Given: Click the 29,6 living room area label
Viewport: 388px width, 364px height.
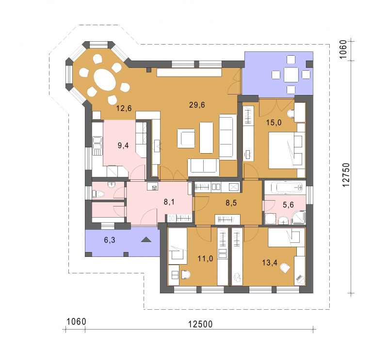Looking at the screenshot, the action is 197,105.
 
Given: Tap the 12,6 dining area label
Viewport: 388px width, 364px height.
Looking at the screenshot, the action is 124,108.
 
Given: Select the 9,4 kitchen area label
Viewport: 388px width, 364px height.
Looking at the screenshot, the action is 123,145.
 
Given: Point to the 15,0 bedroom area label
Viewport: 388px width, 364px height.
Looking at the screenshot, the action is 274,123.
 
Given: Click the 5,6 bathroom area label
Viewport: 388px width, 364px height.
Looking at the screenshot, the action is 288,205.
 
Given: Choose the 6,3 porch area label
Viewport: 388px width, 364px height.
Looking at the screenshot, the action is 110,240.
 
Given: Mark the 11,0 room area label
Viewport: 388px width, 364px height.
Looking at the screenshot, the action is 205,259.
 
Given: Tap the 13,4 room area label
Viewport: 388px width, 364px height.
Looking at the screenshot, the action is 270,263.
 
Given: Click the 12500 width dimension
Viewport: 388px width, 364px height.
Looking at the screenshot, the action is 200,324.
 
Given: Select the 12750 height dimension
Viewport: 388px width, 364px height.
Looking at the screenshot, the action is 346,174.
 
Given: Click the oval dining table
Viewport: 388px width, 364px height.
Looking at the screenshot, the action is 105,79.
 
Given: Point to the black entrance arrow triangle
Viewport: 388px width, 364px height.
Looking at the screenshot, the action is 146,239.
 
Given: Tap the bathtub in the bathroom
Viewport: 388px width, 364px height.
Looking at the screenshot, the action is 287,188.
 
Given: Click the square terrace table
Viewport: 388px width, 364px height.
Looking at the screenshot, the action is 291,75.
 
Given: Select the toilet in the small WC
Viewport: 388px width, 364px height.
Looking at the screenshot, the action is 98,193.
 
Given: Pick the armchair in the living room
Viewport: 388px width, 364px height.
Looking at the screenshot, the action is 186,138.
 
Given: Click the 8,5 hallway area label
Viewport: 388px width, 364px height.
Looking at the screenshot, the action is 231,203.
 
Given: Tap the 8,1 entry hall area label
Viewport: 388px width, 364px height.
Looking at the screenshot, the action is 169,202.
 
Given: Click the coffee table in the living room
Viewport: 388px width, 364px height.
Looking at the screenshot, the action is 207,138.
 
